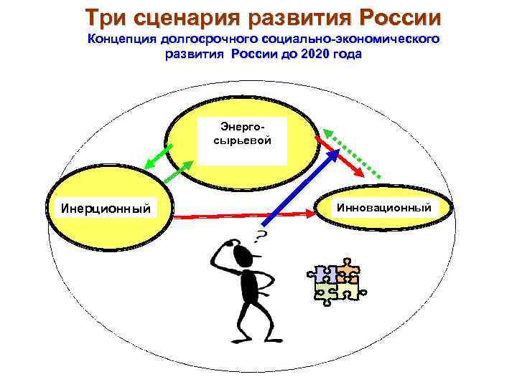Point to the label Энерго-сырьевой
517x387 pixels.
click(x=243, y=133)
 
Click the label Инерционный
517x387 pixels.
click(x=106, y=209)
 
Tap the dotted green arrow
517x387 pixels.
click(x=352, y=153)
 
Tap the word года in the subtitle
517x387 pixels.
click(x=348, y=54)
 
